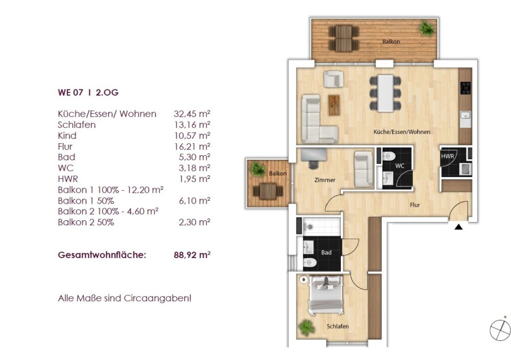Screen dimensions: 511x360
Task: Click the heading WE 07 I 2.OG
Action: tap(88, 92)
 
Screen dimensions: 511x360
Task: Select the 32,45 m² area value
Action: tap(192, 114)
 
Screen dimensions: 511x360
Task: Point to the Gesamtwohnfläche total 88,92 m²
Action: tap(192, 255)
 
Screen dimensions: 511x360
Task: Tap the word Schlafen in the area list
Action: tap(76, 124)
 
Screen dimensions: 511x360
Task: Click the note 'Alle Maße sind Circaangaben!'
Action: tap(124, 298)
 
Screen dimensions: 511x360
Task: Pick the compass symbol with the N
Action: tap(500, 329)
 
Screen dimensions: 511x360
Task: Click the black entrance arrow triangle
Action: tap(459, 227)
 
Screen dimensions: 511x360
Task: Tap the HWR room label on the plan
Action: tap(448, 156)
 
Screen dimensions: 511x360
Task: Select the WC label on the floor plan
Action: tap(400, 166)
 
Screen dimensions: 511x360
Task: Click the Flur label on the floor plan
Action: tap(415, 205)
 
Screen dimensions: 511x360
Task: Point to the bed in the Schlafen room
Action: tap(326, 295)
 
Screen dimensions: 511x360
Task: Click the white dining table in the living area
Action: tap(386, 93)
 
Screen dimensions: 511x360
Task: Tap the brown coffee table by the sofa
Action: tap(334, 105)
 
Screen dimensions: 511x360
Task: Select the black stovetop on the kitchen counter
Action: tap(466, 88)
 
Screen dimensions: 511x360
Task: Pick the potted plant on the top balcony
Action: tap(427, 28)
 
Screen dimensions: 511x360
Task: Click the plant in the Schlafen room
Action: tap(306, 328)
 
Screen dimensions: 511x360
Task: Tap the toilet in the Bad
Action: tap(310, 262)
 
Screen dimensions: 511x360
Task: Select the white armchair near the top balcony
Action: tap(333, 79)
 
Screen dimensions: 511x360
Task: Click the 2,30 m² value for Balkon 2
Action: tap(194, 222)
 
